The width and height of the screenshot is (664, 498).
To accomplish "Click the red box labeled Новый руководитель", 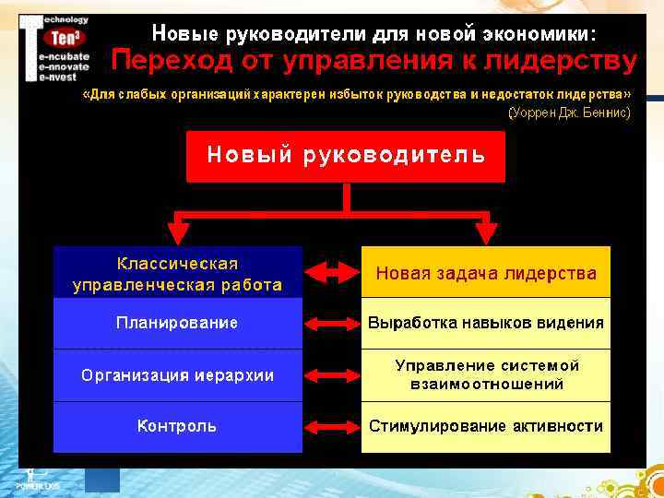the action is [x=346, y=156].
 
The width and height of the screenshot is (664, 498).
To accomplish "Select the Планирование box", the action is [x=177, y=323].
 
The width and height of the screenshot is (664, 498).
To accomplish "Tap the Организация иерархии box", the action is [x=177, y=375].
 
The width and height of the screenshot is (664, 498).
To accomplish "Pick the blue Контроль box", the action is [x=177, y=426].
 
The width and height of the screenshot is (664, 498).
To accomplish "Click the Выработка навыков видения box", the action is [x=485, y=323].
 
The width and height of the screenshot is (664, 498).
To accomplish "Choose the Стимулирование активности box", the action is [x=485, y=426].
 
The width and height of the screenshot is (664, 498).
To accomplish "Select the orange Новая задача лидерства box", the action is [x=485, y=273].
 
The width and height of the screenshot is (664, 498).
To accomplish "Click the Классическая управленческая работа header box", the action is [x=177, y=273].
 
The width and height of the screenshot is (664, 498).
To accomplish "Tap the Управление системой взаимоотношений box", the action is [x=485, y=375].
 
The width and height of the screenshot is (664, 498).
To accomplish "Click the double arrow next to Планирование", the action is [x=331, y=324].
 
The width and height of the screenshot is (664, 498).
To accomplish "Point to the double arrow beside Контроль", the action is [x=331, y=427].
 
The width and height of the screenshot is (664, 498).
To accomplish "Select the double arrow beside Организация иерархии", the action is [x=331, y=375].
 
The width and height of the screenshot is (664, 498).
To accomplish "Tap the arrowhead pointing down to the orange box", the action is [x=485, y=233].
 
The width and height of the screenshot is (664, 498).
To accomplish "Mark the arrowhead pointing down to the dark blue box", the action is [x=178, y=233].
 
